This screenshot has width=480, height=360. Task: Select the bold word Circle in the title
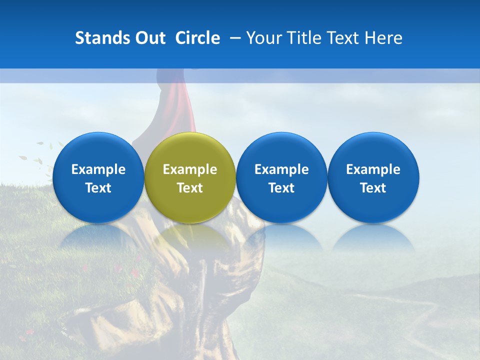tap(197, 38)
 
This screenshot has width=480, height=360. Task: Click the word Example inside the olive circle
tap(190, 169)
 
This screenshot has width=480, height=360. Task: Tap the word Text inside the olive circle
tap(190, 188)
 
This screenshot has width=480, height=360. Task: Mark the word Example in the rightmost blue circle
tap(373, 169)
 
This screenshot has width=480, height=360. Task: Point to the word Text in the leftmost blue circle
tap(98, 188)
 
